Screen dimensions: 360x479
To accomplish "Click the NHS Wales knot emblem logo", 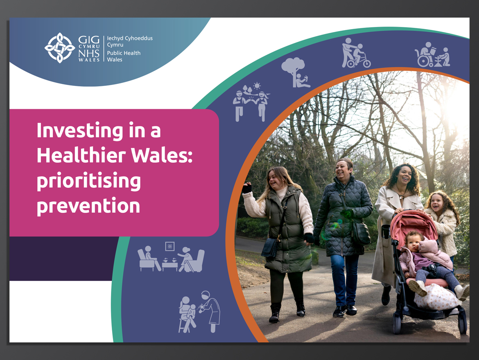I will click(x=60, y=48).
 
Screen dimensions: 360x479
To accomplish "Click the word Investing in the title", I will click(x=80, y=131).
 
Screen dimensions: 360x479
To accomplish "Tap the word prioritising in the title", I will click(x=89, y=181).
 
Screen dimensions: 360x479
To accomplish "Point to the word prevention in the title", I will click(x=88, y=206).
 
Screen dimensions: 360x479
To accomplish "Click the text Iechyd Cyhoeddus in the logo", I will click(x=130, y=38).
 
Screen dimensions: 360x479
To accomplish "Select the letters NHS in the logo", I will click(x=89, y=53).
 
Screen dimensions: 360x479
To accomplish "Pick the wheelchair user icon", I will click(x=432, y=55).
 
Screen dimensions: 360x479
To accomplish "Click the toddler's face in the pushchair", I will click(x=413, y=242).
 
